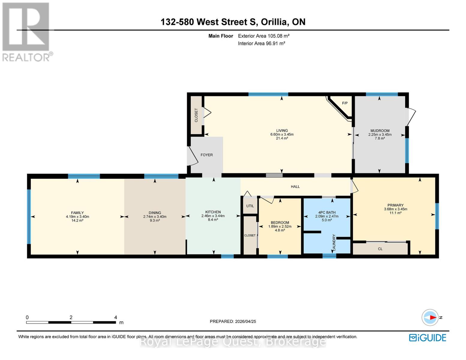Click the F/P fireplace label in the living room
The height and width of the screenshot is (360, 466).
tap(345, 103)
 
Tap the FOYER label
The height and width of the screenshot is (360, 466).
tap(206, 155)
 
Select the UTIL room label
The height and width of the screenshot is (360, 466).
tap(250, 206)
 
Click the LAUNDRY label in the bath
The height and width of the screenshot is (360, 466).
tap(334, 242)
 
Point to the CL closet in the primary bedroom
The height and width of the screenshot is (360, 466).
tap(380, 249)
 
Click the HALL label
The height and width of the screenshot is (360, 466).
tap(295, 187)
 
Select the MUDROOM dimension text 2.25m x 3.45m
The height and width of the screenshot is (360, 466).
tap(380, 135)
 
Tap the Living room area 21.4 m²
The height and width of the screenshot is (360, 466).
tap(282, 138)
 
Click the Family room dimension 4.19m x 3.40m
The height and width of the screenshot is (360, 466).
tap(77, 217)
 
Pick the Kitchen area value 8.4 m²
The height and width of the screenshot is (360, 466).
tap(213, 220)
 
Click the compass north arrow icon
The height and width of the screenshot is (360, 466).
tap(430, 317)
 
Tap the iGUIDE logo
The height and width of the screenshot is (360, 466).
tap(428, 337)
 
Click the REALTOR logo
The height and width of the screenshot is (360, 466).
tap(26, 31)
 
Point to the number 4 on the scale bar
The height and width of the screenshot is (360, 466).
tap(116, 317)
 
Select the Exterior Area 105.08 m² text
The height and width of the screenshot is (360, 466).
tap(263, 36)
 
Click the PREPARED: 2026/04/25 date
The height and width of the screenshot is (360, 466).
tap(233, 321)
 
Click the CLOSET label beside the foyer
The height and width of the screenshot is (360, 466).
tap(196, 115)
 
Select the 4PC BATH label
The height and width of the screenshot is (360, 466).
tap(327, 212)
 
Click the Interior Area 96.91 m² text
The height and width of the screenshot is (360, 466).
tap(261, 43)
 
